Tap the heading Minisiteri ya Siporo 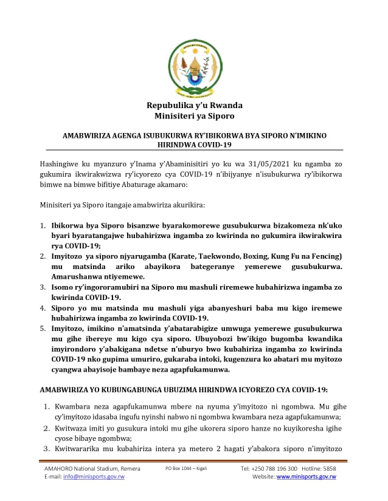(x=194, y=116)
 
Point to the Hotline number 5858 (x=330, y=468)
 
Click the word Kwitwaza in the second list (x=71, y=428)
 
